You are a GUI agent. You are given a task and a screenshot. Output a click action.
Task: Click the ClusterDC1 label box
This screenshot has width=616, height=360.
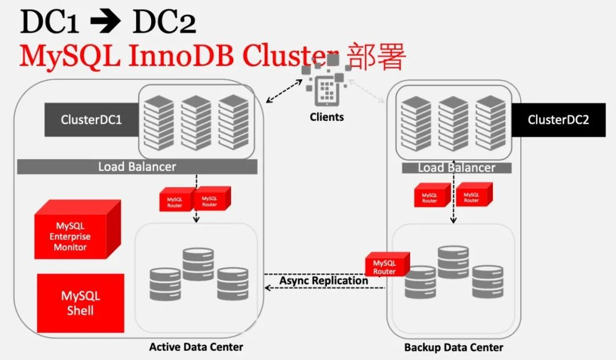pos(91,120)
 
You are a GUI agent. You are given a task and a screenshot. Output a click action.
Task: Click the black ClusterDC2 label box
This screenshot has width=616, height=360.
pos(558,120)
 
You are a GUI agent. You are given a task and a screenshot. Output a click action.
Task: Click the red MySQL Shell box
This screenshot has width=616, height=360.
pos(80,304)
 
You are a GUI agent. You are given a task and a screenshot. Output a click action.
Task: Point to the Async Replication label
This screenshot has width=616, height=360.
pos(323,281)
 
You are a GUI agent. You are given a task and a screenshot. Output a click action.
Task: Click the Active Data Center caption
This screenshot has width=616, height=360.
pos(196,347)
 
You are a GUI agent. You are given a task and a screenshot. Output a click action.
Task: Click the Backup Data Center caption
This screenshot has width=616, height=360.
pos(453,347)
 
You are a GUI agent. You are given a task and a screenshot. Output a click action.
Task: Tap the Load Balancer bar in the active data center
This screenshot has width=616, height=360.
pos(137,167)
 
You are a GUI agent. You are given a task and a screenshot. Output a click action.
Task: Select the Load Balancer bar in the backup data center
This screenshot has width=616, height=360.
pos(456,168)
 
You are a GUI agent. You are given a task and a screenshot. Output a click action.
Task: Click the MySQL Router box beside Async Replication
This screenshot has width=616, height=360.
pos(386,265)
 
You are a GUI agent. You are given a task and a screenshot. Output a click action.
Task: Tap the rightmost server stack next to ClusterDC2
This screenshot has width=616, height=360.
pos(491,122)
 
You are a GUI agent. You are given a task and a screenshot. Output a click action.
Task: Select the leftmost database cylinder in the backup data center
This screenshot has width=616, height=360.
pos(420,282)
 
